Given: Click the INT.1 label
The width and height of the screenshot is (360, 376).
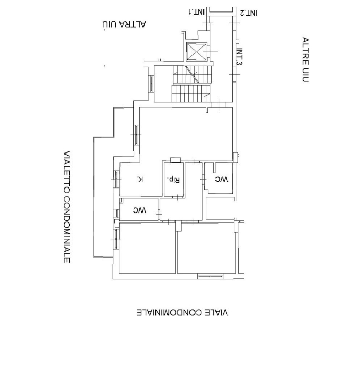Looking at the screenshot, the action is tap(196, 11).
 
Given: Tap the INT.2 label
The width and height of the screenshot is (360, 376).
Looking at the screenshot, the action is tap(249, 13).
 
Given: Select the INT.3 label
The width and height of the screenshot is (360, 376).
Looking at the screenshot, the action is tap(239, 56).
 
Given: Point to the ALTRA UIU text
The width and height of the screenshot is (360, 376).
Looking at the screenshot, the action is tap(124, 25).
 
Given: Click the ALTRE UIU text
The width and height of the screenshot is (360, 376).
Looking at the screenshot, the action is tap(305, 60).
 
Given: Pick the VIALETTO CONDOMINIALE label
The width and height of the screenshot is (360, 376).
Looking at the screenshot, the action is tap(67, 207).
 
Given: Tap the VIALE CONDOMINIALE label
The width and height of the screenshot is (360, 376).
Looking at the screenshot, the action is tap(182, 313).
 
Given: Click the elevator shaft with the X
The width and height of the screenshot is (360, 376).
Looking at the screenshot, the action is tap(196, 51).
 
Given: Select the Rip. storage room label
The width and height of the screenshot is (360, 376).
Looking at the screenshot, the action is tap(173, 179).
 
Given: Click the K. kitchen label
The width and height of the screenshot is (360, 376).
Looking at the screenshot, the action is tap(140, 179).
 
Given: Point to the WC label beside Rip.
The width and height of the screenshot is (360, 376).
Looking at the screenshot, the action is tap(222, 179).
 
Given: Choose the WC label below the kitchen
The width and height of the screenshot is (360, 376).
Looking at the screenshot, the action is tap(139, 210).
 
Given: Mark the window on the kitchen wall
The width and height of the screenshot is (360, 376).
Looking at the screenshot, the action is tap(116, 179).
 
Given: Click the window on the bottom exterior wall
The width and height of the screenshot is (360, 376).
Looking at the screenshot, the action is tap(210, 276).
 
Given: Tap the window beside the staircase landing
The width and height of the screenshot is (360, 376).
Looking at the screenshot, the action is tap(151, 84).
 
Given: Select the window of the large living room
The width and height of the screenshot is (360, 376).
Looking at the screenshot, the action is tap(136, 135).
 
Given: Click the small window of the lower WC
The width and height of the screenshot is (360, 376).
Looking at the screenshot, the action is tap(116, 213).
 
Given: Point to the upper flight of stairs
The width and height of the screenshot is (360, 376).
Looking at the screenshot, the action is tap(193, 74).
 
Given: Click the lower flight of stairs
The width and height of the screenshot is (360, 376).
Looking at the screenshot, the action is tap(191, 93).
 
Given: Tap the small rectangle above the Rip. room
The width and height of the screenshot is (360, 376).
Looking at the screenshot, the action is tap(175, 160).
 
